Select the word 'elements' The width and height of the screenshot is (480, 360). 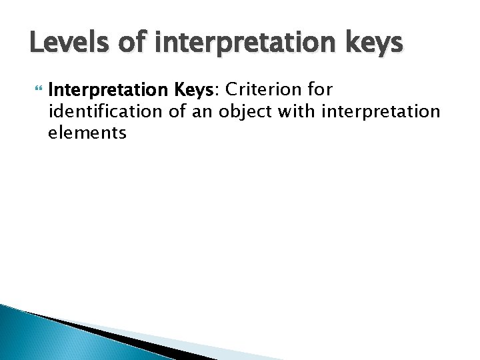click(87, 133)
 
